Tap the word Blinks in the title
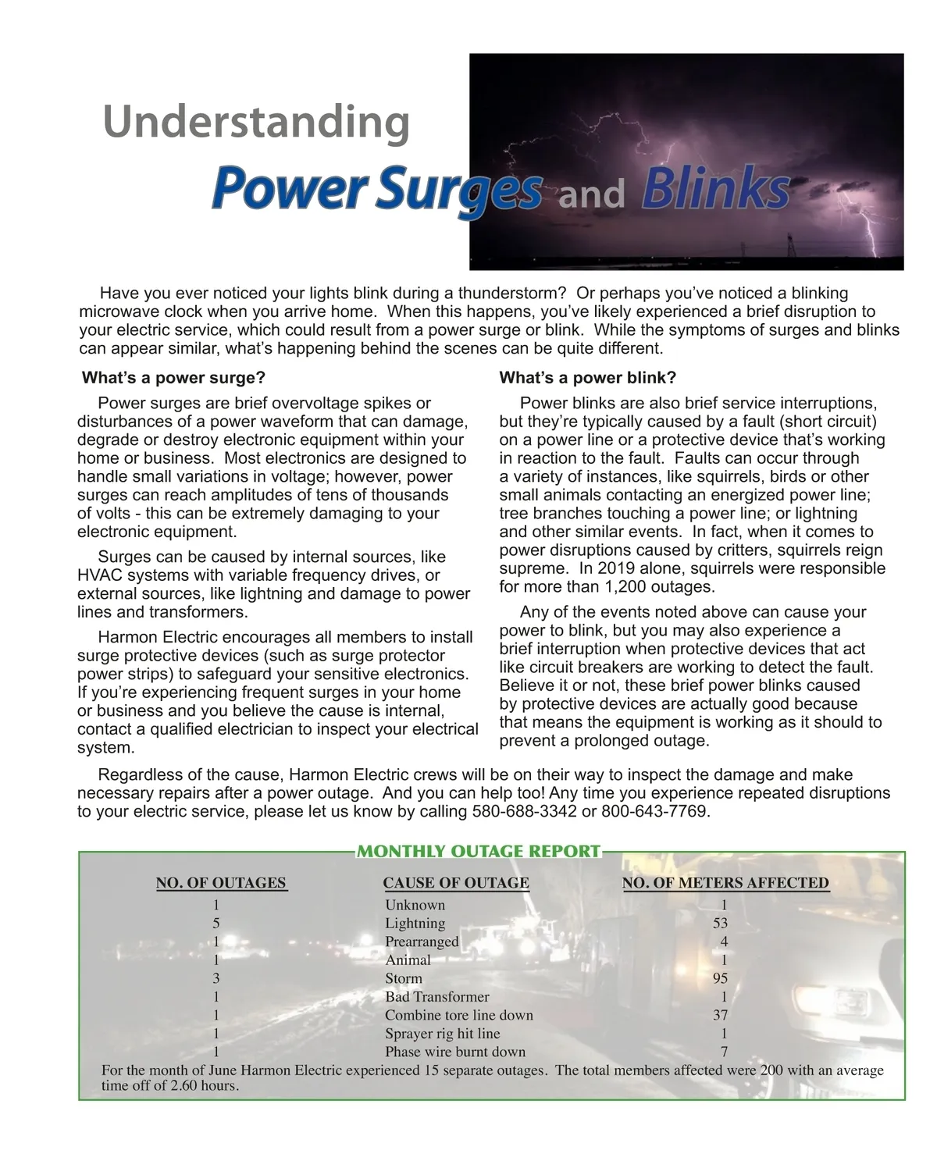coord(715,190)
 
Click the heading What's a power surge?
coord(173,378)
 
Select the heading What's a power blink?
coord(587,378)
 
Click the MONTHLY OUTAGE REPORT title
coord(479,851)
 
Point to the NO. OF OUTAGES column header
coord(221,883)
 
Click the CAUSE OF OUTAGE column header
coord(456,883)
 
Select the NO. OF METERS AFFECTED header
coord(725,883)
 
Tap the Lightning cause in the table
coord(415,923)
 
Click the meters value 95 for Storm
coord(720,978)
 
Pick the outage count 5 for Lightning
coord(216,923)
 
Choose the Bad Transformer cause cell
coord(436,997)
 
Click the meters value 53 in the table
coord(720,923)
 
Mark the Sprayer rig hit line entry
coord(442,1034)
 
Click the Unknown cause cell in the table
coord(415,905)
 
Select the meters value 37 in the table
coord(720,1015)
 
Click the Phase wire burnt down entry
coord(455,1052)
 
